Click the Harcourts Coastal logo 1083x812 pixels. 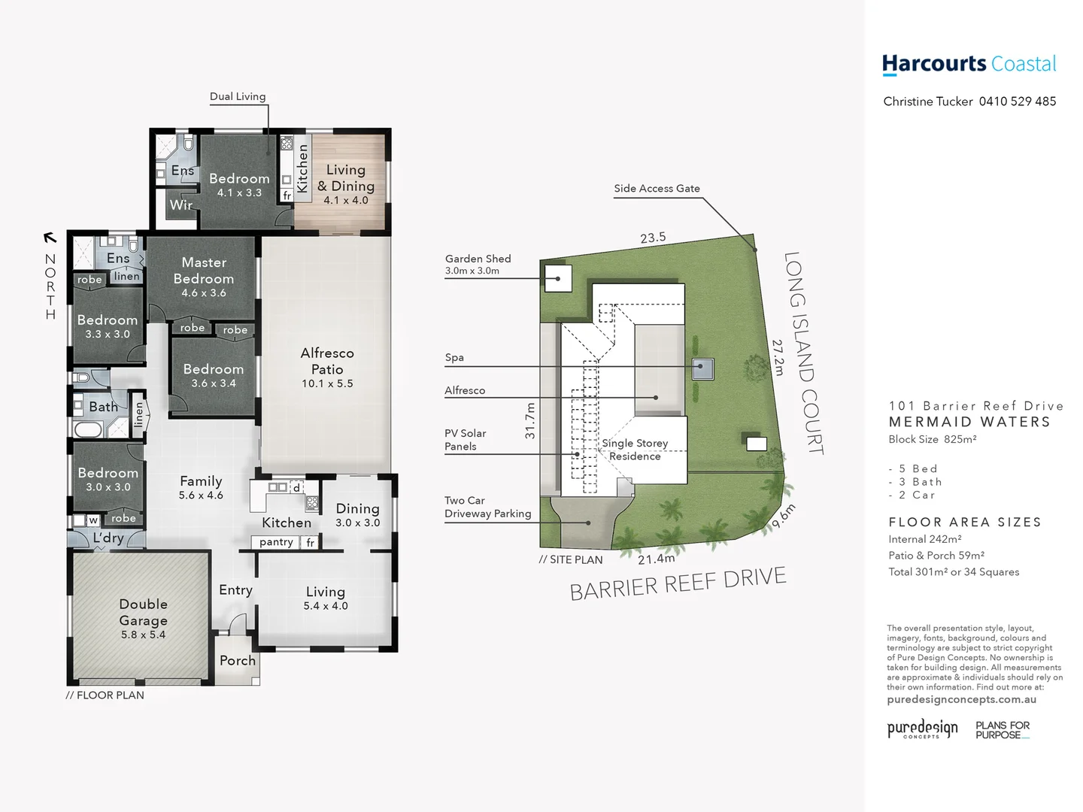[969, 65]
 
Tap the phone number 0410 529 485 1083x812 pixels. [1018, 101]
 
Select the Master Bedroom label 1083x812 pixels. [204, 271]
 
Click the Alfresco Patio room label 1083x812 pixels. [327, 362]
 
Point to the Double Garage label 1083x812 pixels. [143, 613]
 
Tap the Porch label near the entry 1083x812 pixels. [238, 661]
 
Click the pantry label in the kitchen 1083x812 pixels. [276, 542]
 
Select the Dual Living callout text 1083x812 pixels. [238, 96]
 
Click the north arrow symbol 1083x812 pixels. [50, 238]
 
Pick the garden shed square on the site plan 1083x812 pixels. [558, 278]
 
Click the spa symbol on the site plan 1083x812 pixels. [702, 368]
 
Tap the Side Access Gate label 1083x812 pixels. [657, 189]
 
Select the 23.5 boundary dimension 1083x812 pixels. [653, 238]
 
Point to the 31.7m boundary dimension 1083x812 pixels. [530, 421]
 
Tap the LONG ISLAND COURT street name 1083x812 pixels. [803, 353]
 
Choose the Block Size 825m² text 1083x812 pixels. [932, 440]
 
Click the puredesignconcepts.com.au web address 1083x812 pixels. [961, 700]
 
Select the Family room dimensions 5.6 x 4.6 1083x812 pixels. [201, 495]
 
